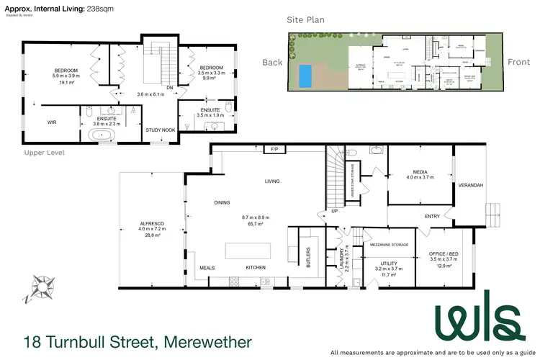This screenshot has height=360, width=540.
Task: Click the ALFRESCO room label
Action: point(152,224)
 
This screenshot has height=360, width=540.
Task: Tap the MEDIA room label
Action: point(420,172)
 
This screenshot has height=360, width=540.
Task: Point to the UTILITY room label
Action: point(388,264)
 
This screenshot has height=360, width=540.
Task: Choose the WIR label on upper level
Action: point(52,122)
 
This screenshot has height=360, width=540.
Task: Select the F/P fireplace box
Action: point(274,149)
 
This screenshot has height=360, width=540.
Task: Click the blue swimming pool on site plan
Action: point(305,74)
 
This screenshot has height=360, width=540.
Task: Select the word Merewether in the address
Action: point(208,341)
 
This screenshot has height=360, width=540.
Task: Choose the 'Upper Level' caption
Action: point(44,153)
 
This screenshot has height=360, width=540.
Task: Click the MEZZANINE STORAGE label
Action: point(389,245)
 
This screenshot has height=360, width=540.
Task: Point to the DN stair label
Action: point(170,89)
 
